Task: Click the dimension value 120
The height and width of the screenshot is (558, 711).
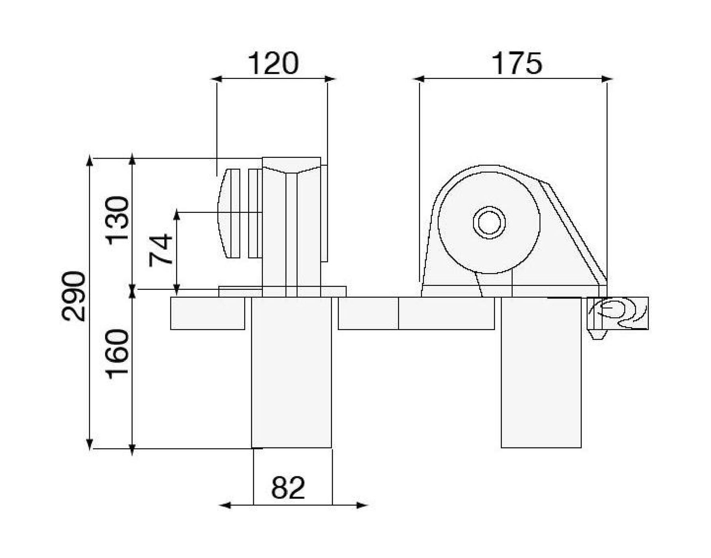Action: click(x=273, y=64)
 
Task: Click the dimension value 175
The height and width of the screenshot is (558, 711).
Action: click(x=517, y=64)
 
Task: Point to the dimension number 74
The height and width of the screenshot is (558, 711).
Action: click(x=161, y=250)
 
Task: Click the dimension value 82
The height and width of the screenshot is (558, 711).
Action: click(x=288, y=487)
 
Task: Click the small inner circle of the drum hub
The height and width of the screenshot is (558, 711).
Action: click(x=489, y=222)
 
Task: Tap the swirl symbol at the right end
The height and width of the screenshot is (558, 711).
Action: click(x=617, y=313)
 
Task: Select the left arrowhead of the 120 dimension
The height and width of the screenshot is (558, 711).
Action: click(x=216, y=79)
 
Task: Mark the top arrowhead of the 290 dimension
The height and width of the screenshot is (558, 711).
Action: click(x=90, y=161)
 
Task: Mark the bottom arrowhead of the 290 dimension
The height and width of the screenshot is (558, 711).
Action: click(x=90, y=445)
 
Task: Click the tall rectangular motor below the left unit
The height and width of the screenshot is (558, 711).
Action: click(x=291, y=373)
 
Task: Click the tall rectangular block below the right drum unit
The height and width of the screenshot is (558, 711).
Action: click(x=541, y=373)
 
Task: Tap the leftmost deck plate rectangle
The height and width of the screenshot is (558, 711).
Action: click(x=208, y=313)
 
